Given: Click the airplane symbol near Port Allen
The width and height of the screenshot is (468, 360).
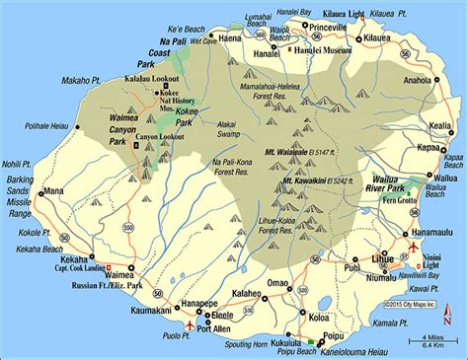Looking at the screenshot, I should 191,324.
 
